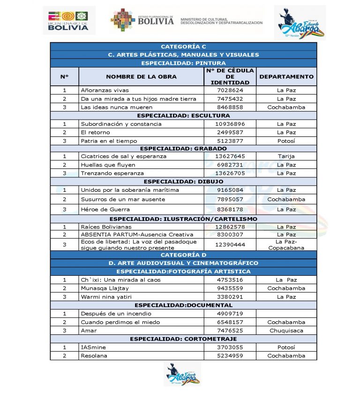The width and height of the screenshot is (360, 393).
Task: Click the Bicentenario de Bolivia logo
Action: tap(68, 20)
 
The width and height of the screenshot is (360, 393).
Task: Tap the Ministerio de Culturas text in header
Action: tap(221, 20)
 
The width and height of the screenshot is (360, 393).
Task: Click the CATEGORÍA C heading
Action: tap(183, 46)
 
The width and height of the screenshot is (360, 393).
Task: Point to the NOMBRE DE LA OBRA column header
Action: tap(141, 76)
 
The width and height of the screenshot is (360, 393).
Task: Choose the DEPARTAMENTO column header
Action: tap(286, 76)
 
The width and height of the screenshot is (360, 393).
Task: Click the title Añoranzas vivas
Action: tap(105, 90)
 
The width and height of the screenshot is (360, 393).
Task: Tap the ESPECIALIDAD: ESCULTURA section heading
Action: tap(183, 115)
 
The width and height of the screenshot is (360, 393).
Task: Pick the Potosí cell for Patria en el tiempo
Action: tap(286, 141)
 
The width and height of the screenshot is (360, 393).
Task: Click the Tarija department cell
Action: tap(286, 156)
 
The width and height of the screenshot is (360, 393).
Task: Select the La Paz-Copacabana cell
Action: tap(286, 244)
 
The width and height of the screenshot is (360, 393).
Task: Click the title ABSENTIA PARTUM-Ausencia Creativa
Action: tap(137, 234)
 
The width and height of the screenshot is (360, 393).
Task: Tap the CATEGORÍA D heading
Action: tap(183, 255)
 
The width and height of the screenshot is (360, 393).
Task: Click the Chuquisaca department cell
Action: tap(286, 330)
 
